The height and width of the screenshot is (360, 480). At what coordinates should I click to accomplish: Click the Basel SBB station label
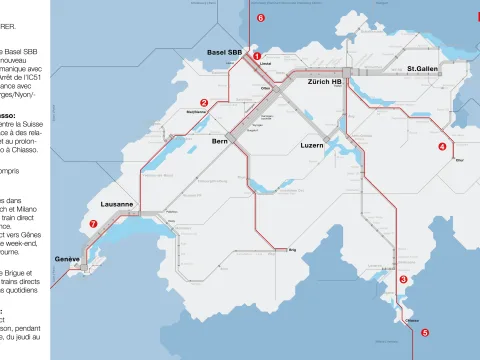pos(224,52)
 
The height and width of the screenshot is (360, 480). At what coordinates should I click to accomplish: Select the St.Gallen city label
pos(423,69)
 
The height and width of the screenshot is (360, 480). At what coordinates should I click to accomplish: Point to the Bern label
pos(220,143)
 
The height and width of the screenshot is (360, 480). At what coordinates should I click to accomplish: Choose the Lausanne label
pos(118,203)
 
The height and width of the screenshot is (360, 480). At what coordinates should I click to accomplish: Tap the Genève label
pos(67,259)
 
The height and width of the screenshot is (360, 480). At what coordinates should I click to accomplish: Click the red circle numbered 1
pos(257,56)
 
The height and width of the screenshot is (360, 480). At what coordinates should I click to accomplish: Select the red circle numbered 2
pos(204,102)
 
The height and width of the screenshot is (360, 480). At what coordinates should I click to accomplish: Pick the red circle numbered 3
pos(403,279)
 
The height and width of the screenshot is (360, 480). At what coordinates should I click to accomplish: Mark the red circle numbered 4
pos(442,146)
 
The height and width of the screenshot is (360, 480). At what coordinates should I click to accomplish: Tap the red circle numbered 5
pos(425,332)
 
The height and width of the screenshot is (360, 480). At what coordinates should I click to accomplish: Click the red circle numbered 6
pos(261,18)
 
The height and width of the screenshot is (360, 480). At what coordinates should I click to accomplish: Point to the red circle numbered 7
pos(93,224)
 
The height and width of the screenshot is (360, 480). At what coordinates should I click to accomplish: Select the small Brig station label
pos(293,250)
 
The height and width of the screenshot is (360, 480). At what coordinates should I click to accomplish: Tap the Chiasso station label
pos(411,321)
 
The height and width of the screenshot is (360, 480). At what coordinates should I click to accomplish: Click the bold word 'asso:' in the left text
pos(9,115)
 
